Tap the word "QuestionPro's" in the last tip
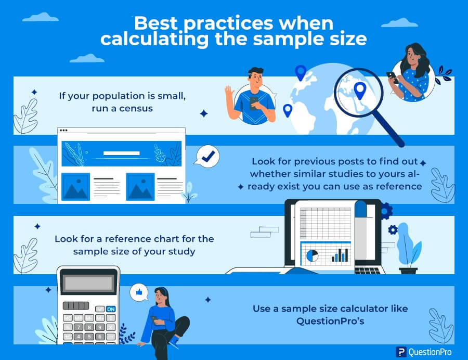pos(330,321)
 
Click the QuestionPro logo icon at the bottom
pos(400,352)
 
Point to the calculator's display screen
pos(87,283)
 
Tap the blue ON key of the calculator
pos(110,309)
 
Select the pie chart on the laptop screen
pos(313,255)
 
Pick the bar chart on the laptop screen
pos(341,254)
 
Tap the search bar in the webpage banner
pos(121,153)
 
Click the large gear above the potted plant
pos(386,211)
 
